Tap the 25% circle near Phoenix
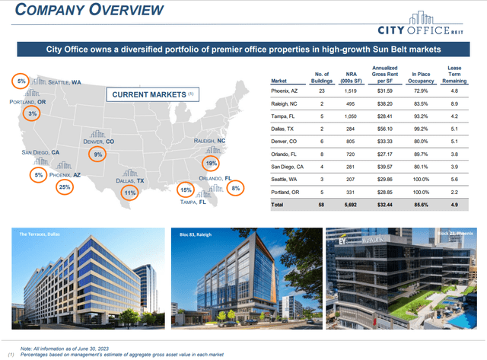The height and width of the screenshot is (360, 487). coord(65,186)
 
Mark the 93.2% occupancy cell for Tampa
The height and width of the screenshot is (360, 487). coord(411,116)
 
